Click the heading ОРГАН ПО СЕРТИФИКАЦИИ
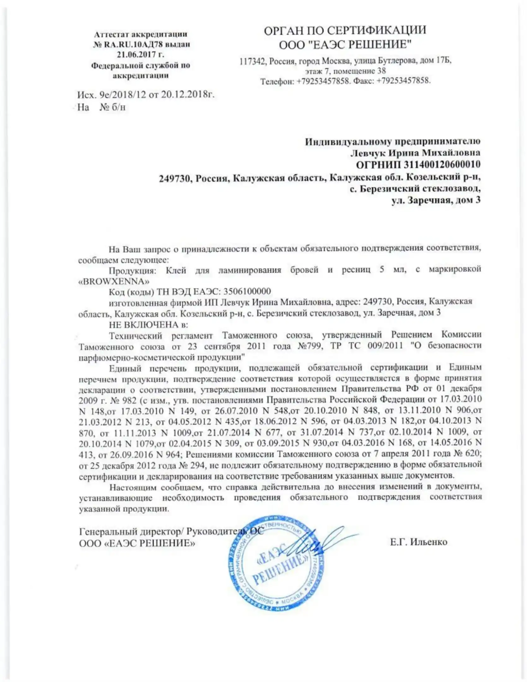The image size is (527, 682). point(345,30)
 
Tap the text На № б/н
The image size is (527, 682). point(101,107)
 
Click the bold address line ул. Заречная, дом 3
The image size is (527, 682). point(436,200)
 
